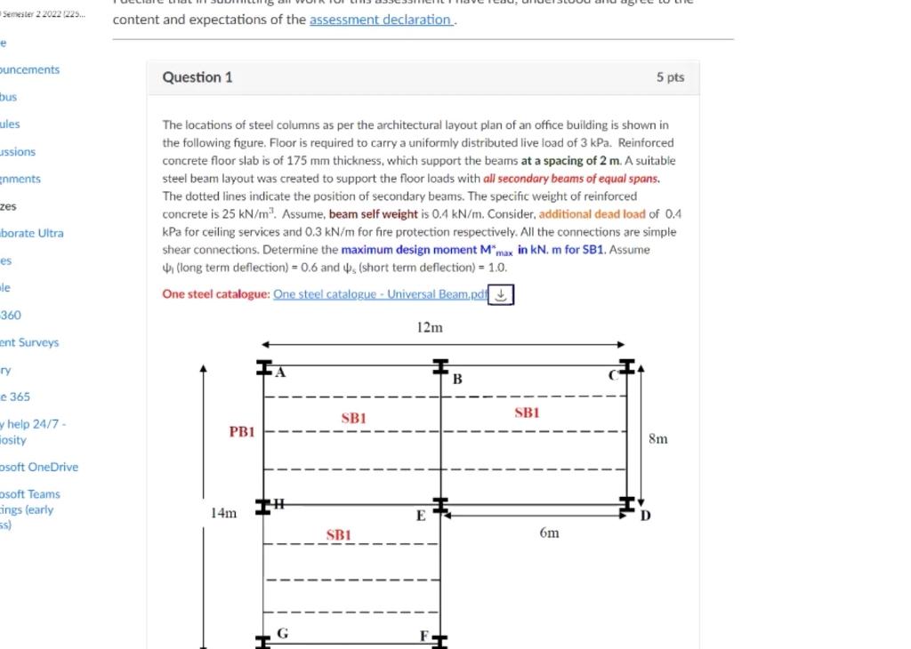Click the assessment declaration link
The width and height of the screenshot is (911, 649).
point(382,20)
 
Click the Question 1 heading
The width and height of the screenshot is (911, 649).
point(198,77)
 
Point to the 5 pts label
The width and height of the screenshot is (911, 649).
point(670,77)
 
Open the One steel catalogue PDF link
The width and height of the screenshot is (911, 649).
point(380,294)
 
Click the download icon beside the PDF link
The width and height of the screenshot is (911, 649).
point(502,294)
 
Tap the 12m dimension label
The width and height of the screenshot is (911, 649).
point(430,328)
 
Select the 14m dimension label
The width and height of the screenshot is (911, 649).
point(223,513)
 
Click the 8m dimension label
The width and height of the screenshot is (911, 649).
point(657,438)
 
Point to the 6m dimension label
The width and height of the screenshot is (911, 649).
point(549,533)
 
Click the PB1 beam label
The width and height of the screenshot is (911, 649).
point(242,432)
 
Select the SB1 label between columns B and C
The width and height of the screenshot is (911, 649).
point(527,413)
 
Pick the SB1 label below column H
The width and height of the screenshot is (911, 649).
point(339,535)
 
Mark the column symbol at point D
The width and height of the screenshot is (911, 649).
point(628,505)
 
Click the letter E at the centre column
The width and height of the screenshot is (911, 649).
point(421,517)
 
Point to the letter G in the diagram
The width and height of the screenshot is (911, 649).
point(282,633)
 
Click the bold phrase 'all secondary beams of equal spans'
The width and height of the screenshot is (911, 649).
point(571,179)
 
